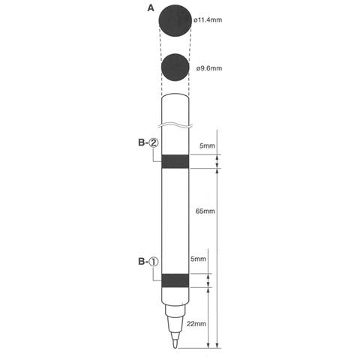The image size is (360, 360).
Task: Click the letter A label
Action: (151, 8)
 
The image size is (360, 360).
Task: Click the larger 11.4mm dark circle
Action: (175, 21)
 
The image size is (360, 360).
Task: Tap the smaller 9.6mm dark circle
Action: (175, 67)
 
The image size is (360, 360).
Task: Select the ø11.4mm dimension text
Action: (208, 19)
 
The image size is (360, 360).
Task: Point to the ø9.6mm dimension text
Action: (209, 68)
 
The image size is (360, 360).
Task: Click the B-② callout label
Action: (148, 142)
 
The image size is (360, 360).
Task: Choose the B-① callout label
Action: (148, 262)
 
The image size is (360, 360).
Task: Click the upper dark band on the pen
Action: (175, 161)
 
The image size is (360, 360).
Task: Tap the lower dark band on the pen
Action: (175, 280)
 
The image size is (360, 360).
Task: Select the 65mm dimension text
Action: (205, 211)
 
